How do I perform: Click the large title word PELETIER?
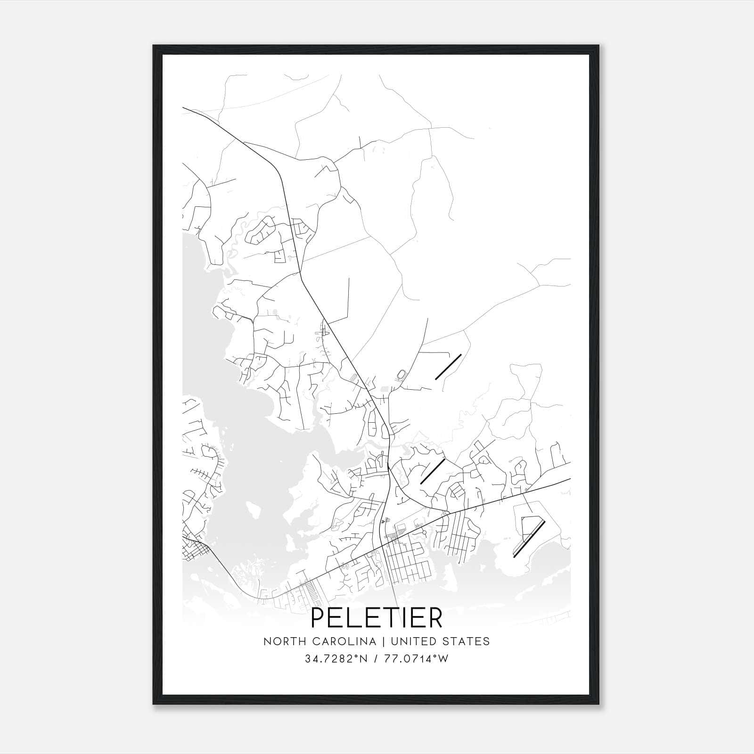click(x=377, y=618)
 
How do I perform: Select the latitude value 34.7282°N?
click(x=335, y=659)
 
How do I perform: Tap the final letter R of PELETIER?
click(x=434, y=618)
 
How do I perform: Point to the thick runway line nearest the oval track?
click(x=448, y=367)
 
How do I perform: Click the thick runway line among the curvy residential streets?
click(x=432, y=472)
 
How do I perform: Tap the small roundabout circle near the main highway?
click(x=424, y=532)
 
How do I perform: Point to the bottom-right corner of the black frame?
click(x=599, y=704)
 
